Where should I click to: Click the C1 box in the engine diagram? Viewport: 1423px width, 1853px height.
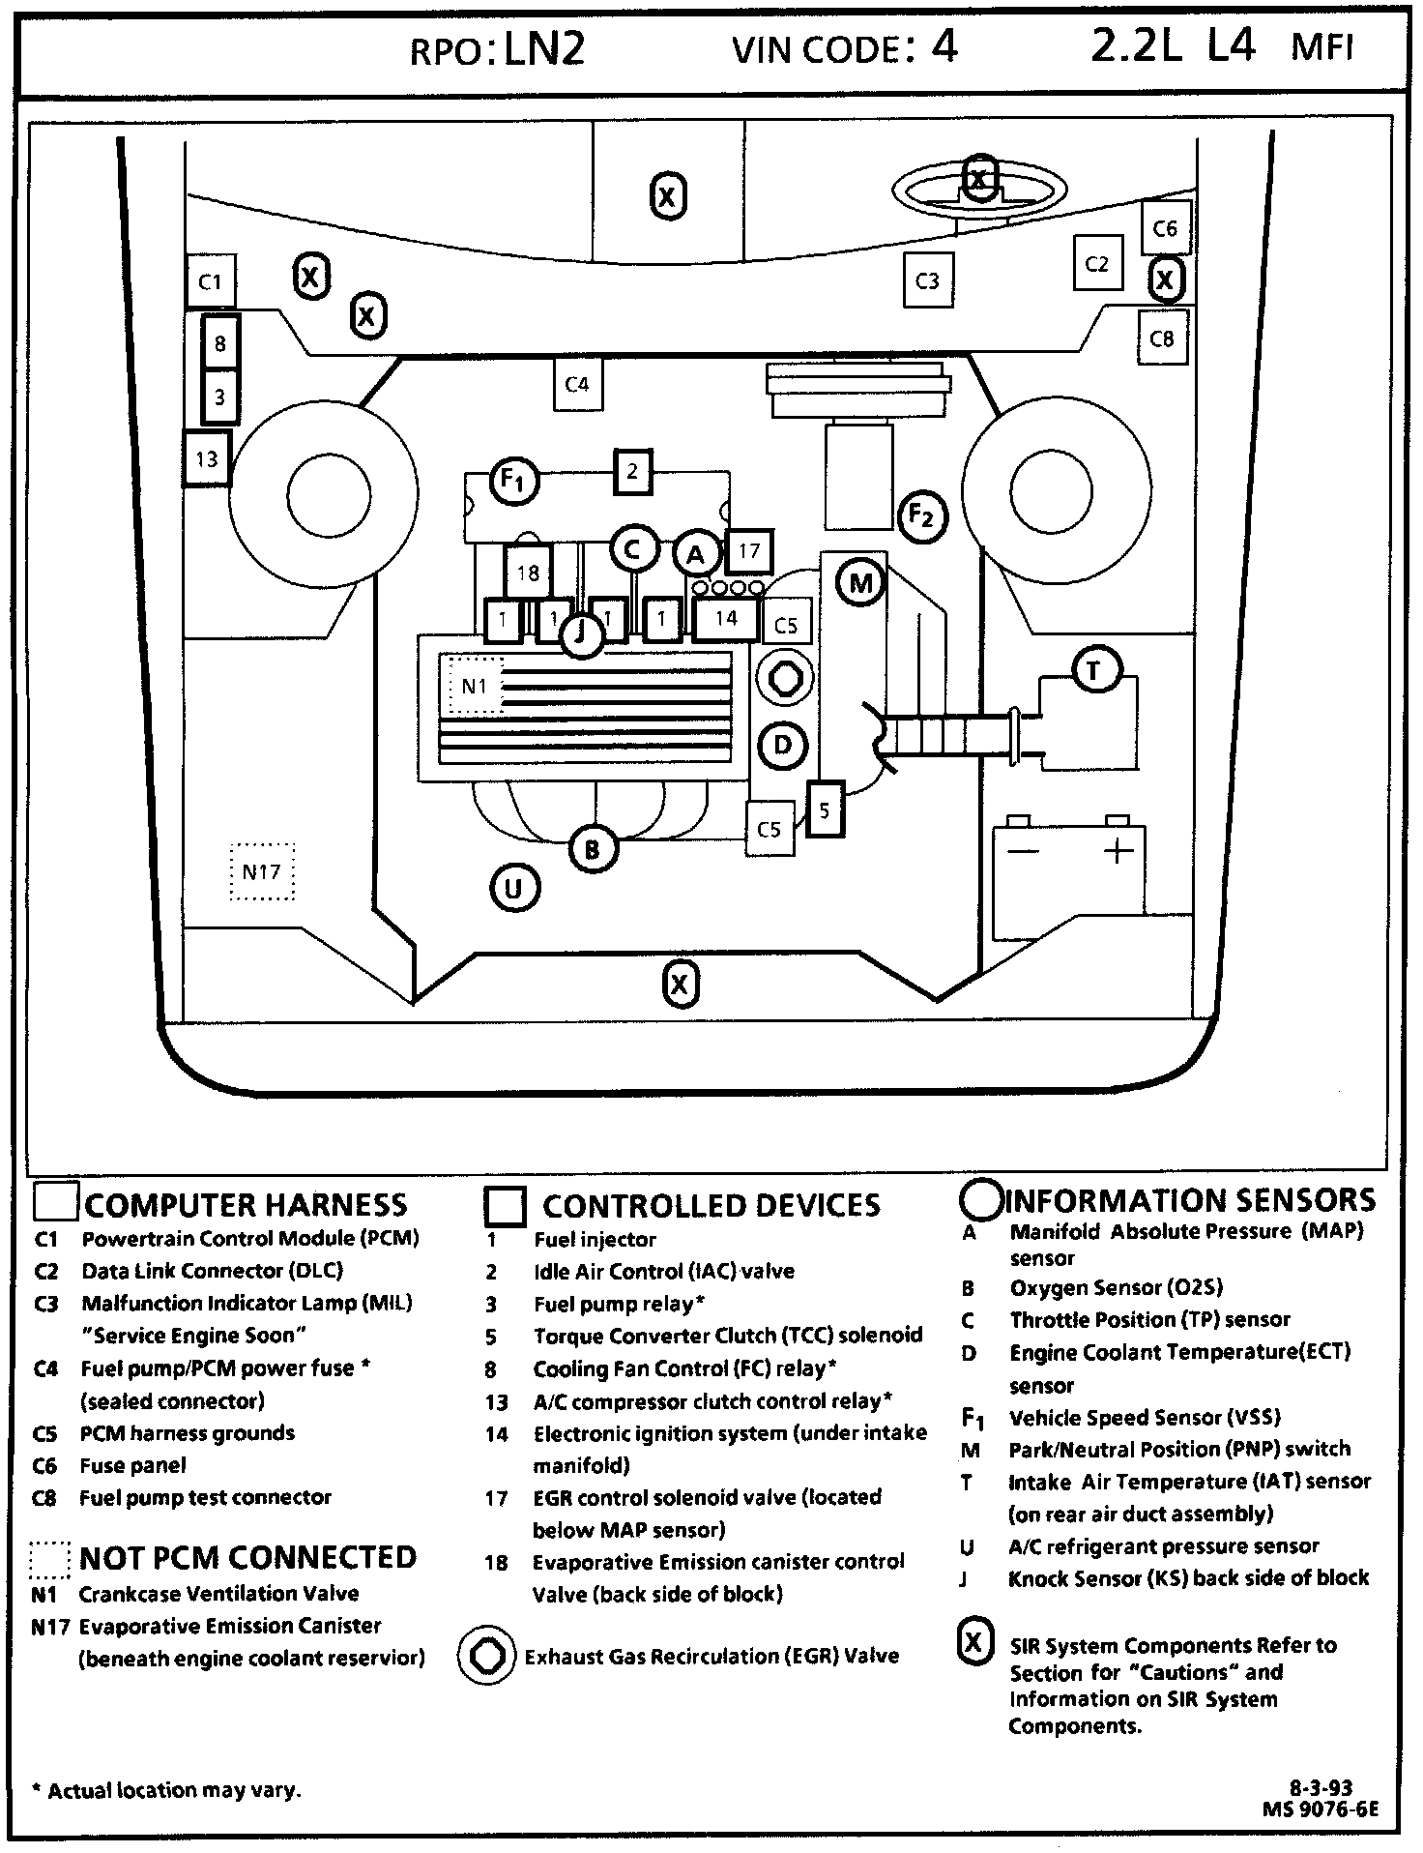point(210,281)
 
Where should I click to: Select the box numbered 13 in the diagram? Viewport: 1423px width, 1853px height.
point(207,458)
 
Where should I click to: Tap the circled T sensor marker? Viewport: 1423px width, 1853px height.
point(1094,670)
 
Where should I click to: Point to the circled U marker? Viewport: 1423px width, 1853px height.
point(513,888)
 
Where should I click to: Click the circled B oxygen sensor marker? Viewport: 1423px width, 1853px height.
point(592,849)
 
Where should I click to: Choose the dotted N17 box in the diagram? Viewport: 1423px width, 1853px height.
point(262,871)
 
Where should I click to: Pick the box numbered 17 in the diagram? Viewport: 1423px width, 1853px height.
point(749,551)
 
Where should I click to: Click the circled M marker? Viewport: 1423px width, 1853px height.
point(860,582)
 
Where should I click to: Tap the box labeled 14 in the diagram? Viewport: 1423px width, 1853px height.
point(726,618)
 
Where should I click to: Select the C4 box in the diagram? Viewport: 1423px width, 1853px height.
point(577,384)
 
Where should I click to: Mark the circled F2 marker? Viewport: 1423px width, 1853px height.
point(922,516)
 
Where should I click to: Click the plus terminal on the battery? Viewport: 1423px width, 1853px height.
point(1118,851)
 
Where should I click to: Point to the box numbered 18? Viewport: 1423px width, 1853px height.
point(528,573)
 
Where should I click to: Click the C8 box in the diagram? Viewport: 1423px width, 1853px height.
point(1162,338)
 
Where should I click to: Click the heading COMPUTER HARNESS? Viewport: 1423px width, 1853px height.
point(246,1204)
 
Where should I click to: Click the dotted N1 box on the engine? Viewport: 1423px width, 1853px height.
point(473,686)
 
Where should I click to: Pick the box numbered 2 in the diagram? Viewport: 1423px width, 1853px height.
point(632,472)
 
